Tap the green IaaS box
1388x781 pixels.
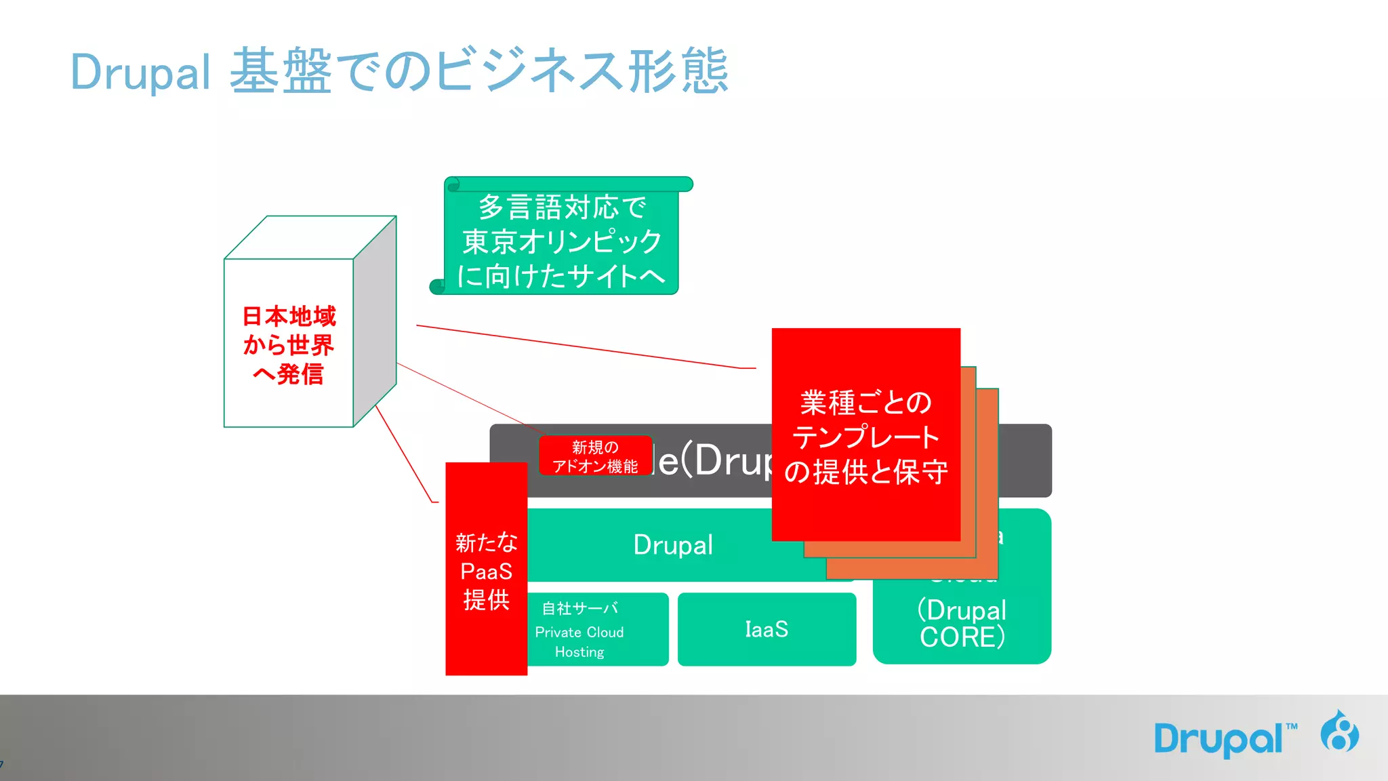[767, 629]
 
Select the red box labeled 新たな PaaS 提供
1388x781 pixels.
[486, 569]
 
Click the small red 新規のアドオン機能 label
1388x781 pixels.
[595, 456]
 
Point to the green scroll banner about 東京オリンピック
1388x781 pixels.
[561, 241]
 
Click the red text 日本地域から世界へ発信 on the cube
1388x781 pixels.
[289, 345]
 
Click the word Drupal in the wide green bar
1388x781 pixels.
[673, 545]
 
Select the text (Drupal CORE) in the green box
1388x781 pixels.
[962, 623]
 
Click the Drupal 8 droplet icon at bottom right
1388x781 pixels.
[1339, 732]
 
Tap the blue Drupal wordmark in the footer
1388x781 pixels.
[1218, 738]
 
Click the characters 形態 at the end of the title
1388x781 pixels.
[678, 71]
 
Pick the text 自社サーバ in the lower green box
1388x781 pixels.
[579, 608]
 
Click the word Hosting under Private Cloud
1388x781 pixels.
[579, 652]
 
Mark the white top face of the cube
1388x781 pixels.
[310, 237]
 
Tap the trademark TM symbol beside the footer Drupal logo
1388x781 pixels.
[1292, 726]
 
